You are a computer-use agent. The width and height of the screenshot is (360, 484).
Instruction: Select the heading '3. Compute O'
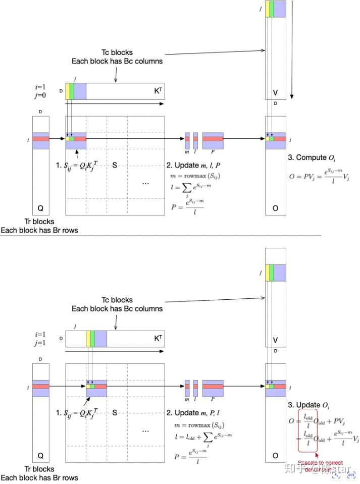308,157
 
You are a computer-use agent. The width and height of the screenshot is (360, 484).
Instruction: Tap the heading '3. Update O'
306,405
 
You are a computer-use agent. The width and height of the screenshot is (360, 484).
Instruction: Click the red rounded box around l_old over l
308,431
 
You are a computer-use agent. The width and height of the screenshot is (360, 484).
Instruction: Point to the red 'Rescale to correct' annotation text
320,462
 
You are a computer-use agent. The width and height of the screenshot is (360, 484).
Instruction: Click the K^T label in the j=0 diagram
158,91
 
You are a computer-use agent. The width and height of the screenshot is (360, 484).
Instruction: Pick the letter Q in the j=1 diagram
40,455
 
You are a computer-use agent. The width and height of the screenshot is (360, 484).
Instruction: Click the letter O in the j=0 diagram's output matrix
275,208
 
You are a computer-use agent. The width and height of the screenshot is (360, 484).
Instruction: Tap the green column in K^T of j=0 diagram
72,91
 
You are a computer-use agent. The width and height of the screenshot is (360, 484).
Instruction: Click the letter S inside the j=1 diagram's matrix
115,413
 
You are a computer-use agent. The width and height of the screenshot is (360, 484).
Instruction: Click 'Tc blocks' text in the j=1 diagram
117,300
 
